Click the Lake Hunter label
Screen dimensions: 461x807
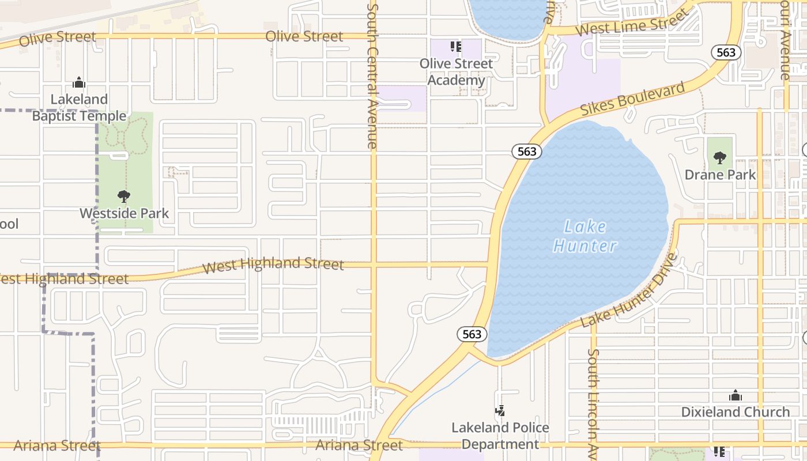[584, 236]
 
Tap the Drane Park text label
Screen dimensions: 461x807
[720, 174]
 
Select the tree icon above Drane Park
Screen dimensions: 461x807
[719, 157]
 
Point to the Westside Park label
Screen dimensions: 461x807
[124, 213]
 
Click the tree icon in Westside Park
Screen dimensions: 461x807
[123, 197]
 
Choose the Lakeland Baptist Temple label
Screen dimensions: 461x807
[79, 108]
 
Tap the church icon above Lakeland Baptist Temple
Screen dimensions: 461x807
[79, 83]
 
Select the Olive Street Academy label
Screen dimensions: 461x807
[456, 72]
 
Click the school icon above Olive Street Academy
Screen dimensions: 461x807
[455, 47]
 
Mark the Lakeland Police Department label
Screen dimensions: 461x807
[500, 436]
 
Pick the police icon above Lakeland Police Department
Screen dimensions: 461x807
[500, 411]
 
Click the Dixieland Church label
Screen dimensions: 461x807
[736, 412]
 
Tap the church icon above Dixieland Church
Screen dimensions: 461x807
[735, 395]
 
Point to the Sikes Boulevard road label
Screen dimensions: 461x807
[632, 99]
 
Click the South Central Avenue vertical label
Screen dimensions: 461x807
[372, 75]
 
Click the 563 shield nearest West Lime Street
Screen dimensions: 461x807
[726, 52]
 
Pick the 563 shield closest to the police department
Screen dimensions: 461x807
[472, 334]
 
